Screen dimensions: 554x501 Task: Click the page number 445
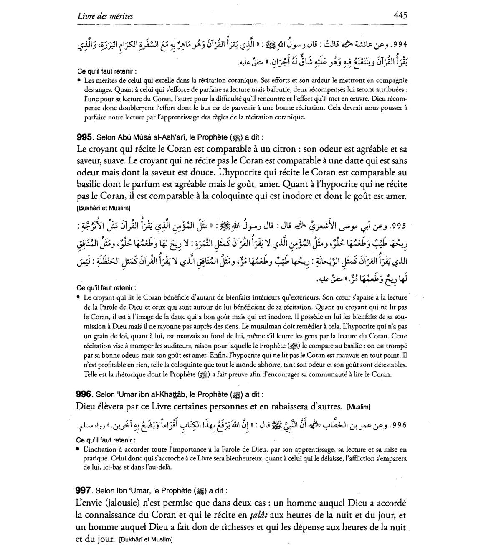coord(400,15)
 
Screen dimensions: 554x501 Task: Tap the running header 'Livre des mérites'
coord(105,16)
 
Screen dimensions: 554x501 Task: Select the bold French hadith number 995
coord(84,137)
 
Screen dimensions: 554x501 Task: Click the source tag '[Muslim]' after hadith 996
coord(358,407)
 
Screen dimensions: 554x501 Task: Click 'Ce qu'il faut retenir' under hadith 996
coord(106,440)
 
